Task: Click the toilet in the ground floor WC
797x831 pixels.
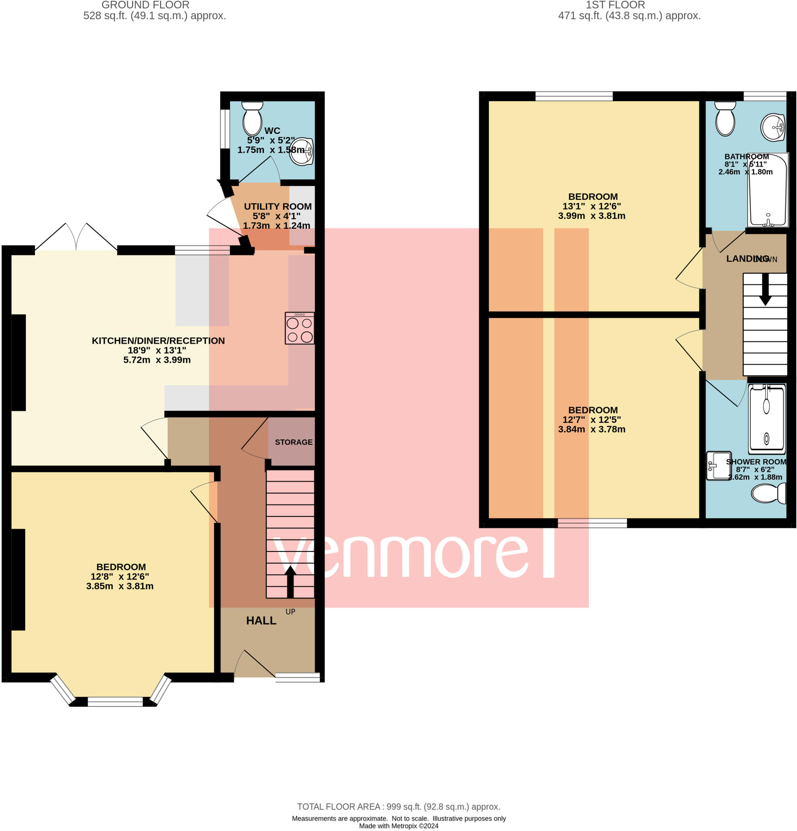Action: [x=252, y=119]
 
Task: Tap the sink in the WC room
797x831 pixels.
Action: [x=302, y=151]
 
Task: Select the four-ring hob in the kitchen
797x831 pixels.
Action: [x=300, y=328]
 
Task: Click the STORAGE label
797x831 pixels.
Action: [x=294, y=442]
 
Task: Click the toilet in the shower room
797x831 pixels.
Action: [x=768, y=494]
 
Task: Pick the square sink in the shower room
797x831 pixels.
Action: [x=718, y=465]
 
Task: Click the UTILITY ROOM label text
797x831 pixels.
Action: [x=277, y=207]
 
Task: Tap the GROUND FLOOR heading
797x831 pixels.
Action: [x=145, y=5]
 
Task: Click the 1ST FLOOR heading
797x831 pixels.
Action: [x=615, y=5]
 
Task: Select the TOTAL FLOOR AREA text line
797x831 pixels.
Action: [x=398, y=807]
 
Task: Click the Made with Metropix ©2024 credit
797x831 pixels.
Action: [x=398, y=826]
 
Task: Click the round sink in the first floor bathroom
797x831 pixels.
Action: [x=772, y=127]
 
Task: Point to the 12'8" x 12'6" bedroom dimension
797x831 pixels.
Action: [x=120, y=577]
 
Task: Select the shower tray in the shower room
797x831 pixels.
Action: [x=767, y=417]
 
